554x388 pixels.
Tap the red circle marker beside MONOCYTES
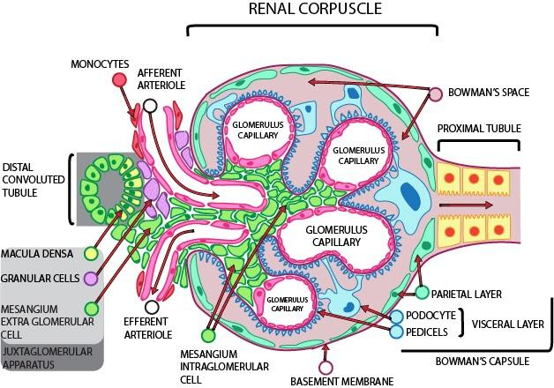(x=119, y=80)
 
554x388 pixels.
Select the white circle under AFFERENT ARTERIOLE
(x=150, y=106)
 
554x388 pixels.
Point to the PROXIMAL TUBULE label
(x=479, y=128)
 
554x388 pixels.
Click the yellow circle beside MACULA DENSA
(x=91, y=254)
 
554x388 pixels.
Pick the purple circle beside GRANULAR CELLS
(x=91, y=279)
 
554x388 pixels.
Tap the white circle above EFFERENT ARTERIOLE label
(x=153, y=306)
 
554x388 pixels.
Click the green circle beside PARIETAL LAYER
(x=423, y=293)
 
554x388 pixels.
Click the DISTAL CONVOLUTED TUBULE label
(x=31, y=180)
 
